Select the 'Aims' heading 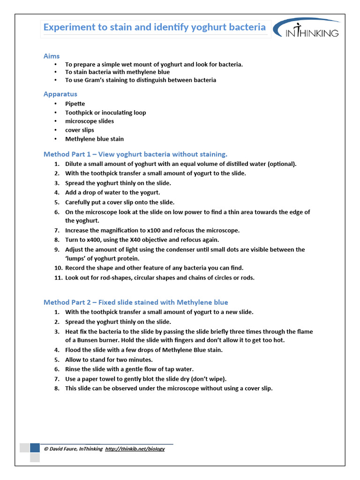pos(52,56)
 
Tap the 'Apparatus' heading pos(60,94)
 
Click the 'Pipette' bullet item pos(75,104)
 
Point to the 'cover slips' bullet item pos(80,130)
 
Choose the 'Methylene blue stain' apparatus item pos(94,139)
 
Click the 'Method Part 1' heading pos(135,154)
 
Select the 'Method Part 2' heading pos(136,302)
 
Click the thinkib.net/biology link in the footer pos(135,449)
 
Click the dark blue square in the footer pos(35,448)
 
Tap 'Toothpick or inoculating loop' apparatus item pos(105,112)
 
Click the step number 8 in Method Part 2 pos(57,388)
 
